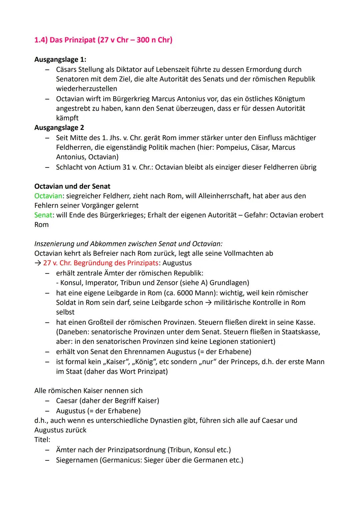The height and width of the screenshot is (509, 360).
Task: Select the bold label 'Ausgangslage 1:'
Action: coord(60,60)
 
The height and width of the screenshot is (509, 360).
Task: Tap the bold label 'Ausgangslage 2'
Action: coord(59,128)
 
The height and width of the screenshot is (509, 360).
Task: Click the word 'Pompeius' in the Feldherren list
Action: coord(231,147)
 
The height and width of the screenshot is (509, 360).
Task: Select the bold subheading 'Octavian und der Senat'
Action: coord(72,186)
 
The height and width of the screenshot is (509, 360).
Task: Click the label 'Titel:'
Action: coord(42,440)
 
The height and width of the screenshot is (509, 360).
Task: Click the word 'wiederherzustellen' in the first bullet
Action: coord(87,89)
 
